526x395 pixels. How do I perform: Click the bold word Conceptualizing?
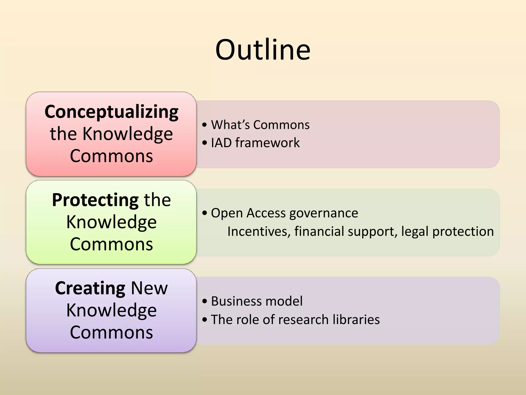click(x=111, y=112)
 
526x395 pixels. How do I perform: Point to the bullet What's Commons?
click(x=260, y=125)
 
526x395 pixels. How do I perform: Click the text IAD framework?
click(x=255, y=143)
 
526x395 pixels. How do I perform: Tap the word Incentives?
click(x=259, y=231)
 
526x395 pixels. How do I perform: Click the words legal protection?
click(x=447, y=231)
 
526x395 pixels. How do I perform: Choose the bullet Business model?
click(x=257, y=301)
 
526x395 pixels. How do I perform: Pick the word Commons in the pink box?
click(x=111, y=156)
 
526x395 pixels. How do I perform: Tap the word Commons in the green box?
click(x=111, y=244)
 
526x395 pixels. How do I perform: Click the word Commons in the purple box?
click(x=111, y=332)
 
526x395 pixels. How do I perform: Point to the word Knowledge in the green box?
click(x=111, y=222)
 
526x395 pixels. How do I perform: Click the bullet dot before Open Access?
click(x=204, y=213)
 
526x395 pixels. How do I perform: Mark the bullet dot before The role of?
click(x=204, y=320)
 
